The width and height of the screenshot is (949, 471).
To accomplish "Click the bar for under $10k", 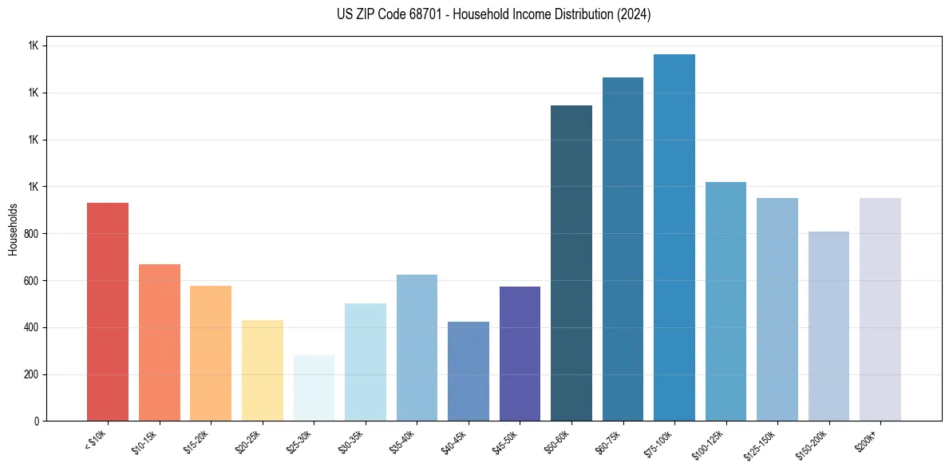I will click(108, 311).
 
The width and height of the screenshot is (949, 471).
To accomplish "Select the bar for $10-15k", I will click(159, 342).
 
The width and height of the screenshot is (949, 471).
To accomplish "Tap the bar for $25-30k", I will click(314, 388).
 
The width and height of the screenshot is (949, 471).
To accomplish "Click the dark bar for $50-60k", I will click(571, 263).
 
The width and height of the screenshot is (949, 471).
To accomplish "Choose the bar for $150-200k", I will click(828, 326).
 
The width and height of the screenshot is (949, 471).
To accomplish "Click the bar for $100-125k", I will click(726, 301).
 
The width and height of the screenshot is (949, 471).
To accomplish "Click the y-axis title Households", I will click(13, 229).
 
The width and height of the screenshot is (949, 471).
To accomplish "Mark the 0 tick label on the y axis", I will click(37, 422).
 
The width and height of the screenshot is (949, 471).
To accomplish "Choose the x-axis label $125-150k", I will click(763, 442).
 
